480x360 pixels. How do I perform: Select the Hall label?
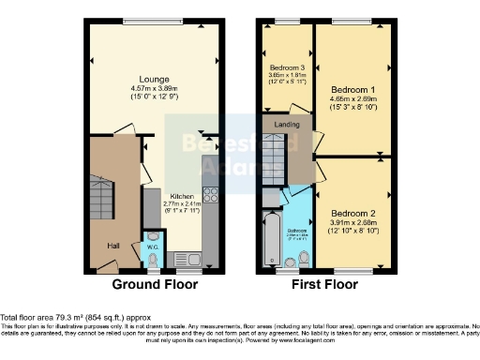point(112,245)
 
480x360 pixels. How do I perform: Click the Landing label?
point(288,124)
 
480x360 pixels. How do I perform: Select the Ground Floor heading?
point(155,284)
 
